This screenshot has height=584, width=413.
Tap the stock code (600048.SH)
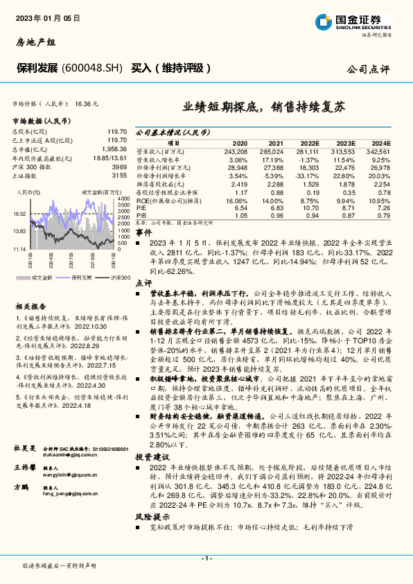pos(92,68)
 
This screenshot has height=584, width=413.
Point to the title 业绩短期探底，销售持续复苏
pos(263,108)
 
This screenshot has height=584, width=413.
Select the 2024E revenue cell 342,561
pos(378,151)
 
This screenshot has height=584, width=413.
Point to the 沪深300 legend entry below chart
pos(118,257)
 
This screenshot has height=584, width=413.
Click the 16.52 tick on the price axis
pos(19,214)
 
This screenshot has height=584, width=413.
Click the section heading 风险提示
pos(152,516)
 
